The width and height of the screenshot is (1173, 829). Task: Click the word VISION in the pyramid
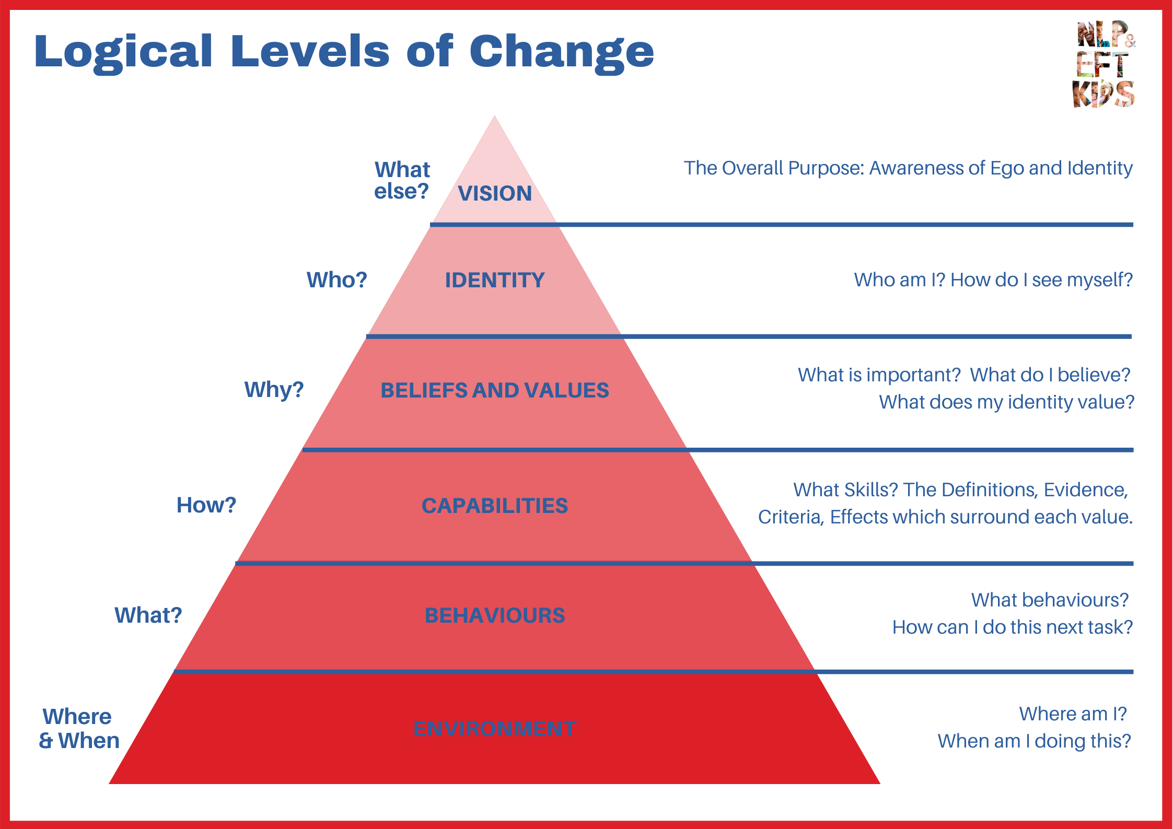(495, 193)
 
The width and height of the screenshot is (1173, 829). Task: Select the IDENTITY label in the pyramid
(495, 280)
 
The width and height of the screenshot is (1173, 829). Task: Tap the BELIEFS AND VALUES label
(495, 390)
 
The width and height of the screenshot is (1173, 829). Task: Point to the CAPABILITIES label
(495, 506)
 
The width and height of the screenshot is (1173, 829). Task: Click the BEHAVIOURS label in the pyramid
(495, 615)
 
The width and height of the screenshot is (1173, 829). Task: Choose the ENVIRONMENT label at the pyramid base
(495, 729)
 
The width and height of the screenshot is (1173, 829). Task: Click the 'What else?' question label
(402, 180)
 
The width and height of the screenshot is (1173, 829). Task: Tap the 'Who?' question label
(336, 280)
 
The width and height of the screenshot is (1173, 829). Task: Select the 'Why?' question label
(274, 390)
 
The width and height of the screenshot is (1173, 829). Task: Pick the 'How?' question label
(206, 505)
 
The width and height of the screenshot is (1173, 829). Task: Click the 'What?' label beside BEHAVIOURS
(148, 615)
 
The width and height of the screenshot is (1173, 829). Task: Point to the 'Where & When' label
(79, 729)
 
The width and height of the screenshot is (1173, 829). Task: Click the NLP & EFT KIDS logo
(1104, 64)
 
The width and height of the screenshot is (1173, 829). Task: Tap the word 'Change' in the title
(562, 52)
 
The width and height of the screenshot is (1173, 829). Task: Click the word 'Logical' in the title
(123, 52)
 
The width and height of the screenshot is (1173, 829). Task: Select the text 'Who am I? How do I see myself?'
(993, 280)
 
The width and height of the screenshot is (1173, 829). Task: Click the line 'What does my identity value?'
(1006, 402)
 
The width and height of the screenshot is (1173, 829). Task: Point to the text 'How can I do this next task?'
(1012, 627)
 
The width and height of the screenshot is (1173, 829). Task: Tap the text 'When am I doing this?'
(1034, 741)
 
